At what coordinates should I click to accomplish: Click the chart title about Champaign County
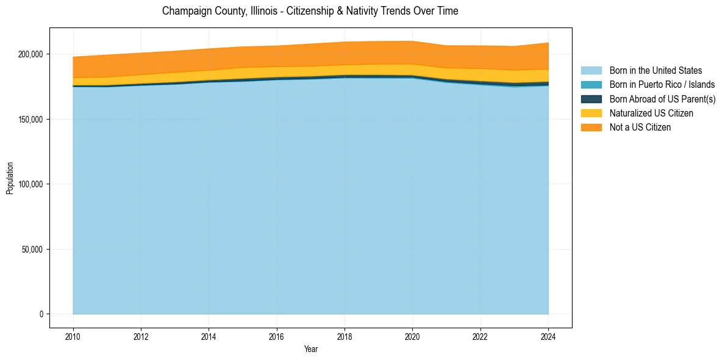point(310,11)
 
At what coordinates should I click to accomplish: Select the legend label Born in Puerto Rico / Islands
point(662,85)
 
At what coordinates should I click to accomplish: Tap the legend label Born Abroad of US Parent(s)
point(662,99)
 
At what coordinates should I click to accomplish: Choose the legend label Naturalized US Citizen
point(651,113)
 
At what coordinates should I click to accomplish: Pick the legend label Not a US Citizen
point(640,127)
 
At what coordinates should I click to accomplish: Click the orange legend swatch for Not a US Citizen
point(591,127)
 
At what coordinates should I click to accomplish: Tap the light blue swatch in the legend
point(591,71)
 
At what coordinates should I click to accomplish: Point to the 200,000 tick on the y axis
point(31,54)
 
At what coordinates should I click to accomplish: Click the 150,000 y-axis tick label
point(31,120)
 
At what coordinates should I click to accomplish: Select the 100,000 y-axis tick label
point(31,184)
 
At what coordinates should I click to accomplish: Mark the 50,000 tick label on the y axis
point(33,250)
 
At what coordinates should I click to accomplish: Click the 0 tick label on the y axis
point(41,314)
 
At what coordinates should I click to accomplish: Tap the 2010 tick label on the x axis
point(73,336)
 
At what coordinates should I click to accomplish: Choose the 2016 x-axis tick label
point(277,336)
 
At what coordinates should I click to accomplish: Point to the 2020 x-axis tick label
point(413,336)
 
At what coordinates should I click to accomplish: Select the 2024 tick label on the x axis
point(549,336)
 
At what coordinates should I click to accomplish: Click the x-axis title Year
point(310,349)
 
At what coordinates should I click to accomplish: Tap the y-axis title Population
point(10,178)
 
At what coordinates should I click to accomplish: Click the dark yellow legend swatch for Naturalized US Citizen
point(591,113)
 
